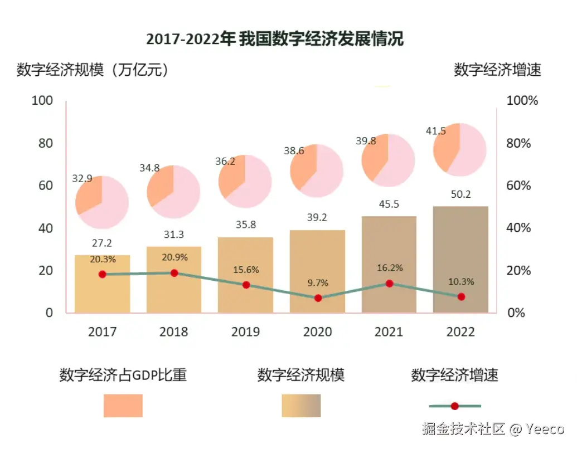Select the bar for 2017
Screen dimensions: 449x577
click(102, 284)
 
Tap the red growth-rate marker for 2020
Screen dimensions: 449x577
click(318, 298)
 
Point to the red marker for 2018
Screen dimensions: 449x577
click(174, 273)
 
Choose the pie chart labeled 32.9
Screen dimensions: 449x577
click(102, 202)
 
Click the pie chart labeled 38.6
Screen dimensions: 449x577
click(316, 170)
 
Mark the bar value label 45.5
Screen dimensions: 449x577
click(389, 204)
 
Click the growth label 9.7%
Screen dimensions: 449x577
click(318, 283)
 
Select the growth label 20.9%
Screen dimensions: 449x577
click(174, 258)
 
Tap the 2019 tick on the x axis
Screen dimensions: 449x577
click(245, 332)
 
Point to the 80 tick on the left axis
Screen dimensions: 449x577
click(45, 143)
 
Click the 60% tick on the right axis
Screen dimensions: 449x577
click(518, 186)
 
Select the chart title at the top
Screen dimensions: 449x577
click(274, 40)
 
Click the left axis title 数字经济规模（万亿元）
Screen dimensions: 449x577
click(93, 70)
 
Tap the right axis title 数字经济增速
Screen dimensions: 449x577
click(497, 70)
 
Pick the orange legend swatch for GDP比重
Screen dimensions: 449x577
click(123, 406)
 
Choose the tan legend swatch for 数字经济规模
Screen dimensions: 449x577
click(301, 406)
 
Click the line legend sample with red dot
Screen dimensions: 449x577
click(454, 406)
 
